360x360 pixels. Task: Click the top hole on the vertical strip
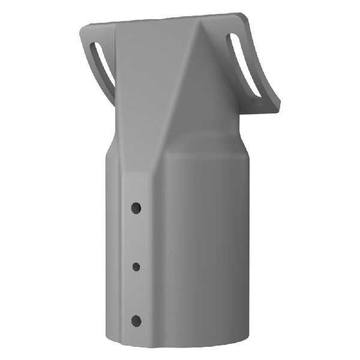point(137,208)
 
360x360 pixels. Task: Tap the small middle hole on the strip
point(136,265)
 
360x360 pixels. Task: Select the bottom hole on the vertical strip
point(136,319)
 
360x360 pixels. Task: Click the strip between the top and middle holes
point(136,236)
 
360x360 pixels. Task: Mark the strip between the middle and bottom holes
point(136,292)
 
